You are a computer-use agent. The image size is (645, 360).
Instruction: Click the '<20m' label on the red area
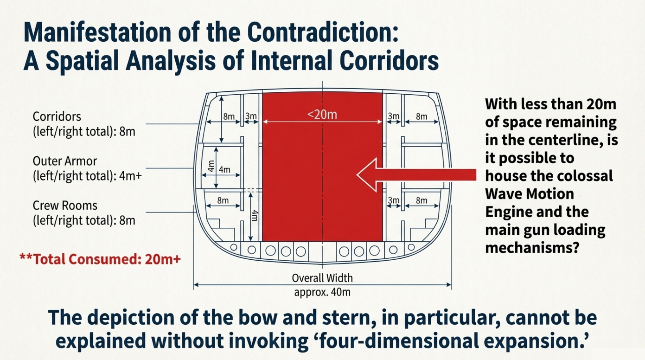pyautogui.click(x=322, y=115)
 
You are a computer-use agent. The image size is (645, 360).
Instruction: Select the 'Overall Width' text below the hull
pyautogui.click(x=322, y=278)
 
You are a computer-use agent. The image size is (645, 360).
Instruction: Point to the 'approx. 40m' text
pyautogui.click(x=322, y=292)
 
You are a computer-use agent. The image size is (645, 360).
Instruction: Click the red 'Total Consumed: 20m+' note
pyautogui.click(x=100, y=259)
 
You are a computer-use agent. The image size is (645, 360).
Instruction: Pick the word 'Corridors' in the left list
pyautogui.click(x=57, y=117)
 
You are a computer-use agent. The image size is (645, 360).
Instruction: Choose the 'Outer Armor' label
pyautogui.click(x=65, y=161)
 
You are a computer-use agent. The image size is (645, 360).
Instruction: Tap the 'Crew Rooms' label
pyautogui.click(x=65, y=206)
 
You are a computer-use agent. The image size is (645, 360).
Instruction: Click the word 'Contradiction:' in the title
pyautogui.click(x=323, y=32)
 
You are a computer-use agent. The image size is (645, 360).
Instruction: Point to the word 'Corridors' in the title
pyautogui.click(x=389, y=61)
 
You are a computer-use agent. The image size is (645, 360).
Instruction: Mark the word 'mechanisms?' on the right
pyautogui.click(x=532, y=248)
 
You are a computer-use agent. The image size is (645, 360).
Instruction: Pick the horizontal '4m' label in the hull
pyautogui.click(x=224, y=170)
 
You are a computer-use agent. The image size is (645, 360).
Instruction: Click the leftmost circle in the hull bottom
pyautogui.click(x=234, y=248)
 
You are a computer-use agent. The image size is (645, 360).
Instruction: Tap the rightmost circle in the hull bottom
pyautogui.click(x=411, y=248)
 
